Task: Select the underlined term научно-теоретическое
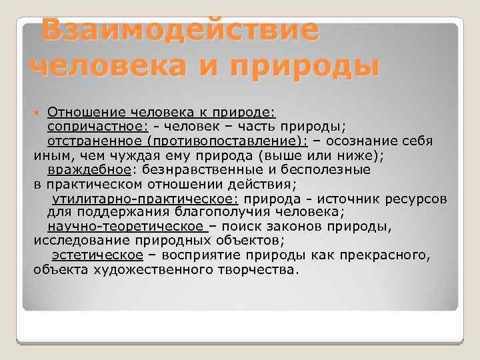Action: click(x=127, y=227)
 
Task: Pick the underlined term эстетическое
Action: click(x=97, y=255)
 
